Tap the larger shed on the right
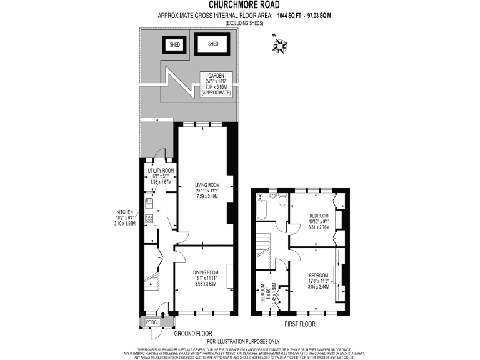pos(212,44)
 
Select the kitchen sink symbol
pos(149,202)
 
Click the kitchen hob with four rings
pos(149,219)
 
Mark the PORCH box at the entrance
pos(152,322)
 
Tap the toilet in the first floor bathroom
pos(282,200)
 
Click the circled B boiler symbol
pos(259,197)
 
